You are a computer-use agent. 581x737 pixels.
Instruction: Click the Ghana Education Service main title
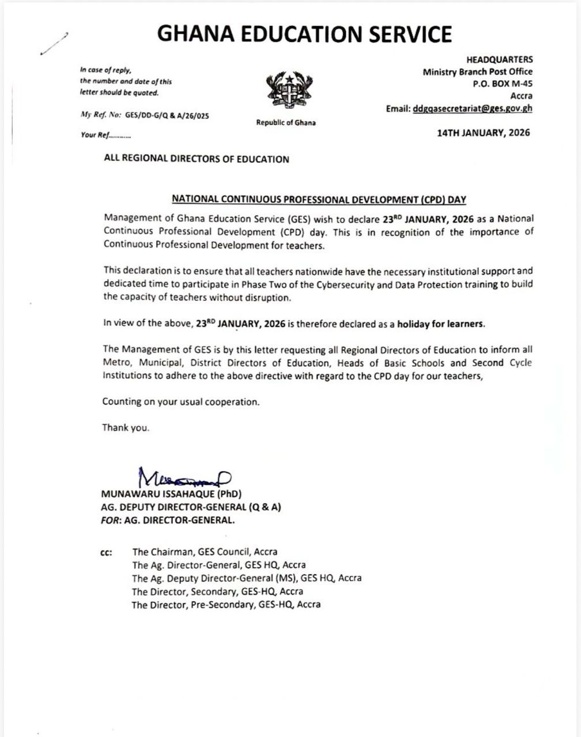304,35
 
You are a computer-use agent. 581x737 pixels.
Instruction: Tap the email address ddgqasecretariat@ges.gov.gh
473,108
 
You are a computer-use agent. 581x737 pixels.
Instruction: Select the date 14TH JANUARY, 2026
483,132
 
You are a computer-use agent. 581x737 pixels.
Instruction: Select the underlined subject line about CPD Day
319,199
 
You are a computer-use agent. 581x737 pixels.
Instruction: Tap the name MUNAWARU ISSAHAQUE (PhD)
172,495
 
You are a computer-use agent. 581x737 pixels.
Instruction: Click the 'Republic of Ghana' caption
286,123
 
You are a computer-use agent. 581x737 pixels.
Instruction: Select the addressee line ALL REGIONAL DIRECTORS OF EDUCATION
197,159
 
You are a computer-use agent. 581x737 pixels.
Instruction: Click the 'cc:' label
106,552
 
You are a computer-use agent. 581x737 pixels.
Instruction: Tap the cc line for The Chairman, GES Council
205,552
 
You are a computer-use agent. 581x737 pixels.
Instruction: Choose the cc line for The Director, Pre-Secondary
226,605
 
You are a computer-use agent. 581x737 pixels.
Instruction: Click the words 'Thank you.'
126,428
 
